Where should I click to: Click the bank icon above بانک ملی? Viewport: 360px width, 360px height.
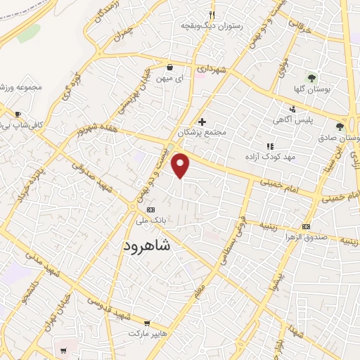click(x=150, y=210)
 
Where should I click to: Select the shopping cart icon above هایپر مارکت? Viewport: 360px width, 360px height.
click(x=129, y=316)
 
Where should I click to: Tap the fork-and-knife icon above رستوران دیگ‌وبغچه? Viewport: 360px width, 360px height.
click(x=211, y=15)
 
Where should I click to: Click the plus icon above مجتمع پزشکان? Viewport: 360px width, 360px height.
click(x=202, y=122)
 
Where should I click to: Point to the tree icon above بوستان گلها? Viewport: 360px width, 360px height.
click(x=310, y=77)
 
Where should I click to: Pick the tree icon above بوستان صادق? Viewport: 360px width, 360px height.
click(x=340, y=126)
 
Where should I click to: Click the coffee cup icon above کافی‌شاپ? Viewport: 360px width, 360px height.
click(x=18, y=114)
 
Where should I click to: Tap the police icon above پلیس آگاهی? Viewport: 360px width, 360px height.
click(x=292, y=109)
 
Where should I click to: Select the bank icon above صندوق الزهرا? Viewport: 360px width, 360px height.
click(x=306, y=226)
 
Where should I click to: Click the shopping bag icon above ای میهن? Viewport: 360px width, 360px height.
click(x=170, y=67)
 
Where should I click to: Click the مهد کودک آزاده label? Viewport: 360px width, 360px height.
click(x=270, y=156)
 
